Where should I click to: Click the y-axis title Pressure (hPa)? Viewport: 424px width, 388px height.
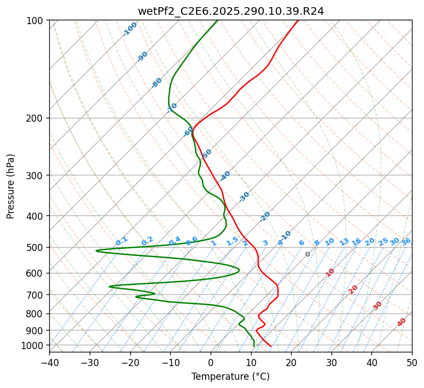[10, 186]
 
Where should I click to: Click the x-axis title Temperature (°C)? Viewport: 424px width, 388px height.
[230, 376]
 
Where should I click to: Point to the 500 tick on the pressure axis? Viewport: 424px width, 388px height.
[37, 248]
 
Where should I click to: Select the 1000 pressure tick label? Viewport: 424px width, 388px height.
[34, 345]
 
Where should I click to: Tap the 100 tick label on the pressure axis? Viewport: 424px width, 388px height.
[37, 21]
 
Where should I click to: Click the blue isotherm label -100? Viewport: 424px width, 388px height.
[130, 29]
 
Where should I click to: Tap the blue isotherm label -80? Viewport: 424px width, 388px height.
[157, 83]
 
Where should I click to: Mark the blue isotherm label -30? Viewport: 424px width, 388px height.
[244, 196]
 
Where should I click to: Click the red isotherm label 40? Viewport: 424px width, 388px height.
[402, 322]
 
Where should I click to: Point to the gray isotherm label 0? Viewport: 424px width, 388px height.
[308, 254]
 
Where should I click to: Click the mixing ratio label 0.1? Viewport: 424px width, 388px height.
[121, 241]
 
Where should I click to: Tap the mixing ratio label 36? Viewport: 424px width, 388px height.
[406, 241]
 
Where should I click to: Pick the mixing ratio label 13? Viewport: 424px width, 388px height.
[344, 242]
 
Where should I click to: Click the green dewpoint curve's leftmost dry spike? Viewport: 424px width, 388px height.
[97, 250]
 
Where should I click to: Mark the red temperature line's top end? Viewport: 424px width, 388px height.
[298, 21]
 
